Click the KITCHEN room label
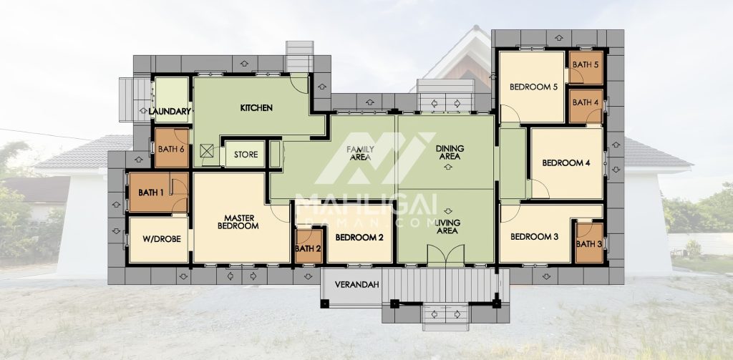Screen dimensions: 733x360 tap(256, 108)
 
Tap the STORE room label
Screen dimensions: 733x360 tap(246, 155)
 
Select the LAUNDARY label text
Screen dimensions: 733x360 tap(170, 112)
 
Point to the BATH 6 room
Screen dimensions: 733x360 tap(172, 147)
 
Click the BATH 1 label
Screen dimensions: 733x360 tap(152, 192)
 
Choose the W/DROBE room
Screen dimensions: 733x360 tap(159, 239)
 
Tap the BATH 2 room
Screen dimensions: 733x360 tap(309, 246)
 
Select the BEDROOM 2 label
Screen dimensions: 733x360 tap(359, 238)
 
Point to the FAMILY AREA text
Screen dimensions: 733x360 tap(360, 153)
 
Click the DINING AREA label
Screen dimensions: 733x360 tap(450, 152)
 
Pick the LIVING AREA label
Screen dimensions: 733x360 tap(447, 226)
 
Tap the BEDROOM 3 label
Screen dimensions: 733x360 tap(534, 237)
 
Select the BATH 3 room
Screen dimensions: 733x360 tap(589, 243)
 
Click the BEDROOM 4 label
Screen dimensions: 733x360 tap(566, 163)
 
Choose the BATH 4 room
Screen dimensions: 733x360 tap(586, 106)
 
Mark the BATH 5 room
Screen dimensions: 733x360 tap(586, 68)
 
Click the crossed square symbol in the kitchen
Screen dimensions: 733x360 tap(207, 150)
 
